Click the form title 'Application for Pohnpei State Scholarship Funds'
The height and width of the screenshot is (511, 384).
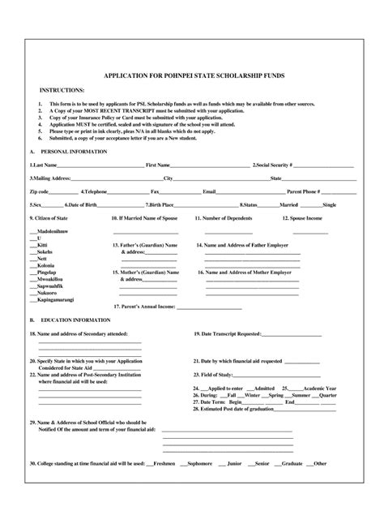tap(192, 75)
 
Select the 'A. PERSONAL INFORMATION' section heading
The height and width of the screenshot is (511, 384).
tap(62, 152)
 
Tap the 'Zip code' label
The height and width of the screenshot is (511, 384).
tap(39, 191)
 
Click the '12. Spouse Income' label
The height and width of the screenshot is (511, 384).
tap(302, 217)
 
